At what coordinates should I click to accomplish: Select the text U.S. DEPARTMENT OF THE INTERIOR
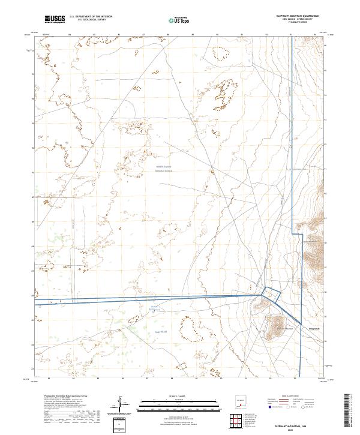(x=91, y=17)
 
